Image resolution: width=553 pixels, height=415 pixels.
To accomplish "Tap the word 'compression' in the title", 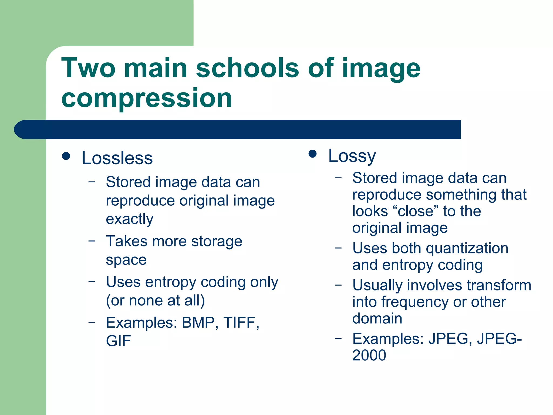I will tap(147, 98).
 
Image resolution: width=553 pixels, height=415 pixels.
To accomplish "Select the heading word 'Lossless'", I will tap(117, 158).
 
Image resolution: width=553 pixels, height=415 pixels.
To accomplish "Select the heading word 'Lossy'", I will tap(352, 156).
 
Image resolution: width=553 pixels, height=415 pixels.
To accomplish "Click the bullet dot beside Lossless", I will tap(66, 156).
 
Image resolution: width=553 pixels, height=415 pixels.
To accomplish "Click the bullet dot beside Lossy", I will tap(312, 154).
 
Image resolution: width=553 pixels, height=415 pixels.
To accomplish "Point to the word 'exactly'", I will tap(130, 219).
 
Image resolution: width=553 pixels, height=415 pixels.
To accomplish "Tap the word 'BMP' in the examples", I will tap(198, 323).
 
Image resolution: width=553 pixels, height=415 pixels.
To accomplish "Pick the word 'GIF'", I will tap(118, 341).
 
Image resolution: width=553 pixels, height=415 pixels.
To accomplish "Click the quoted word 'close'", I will tap(417, 211).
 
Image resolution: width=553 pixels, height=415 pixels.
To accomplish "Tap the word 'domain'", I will tap(377, 318).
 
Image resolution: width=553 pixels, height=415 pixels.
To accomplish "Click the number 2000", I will tap(369, 355).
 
